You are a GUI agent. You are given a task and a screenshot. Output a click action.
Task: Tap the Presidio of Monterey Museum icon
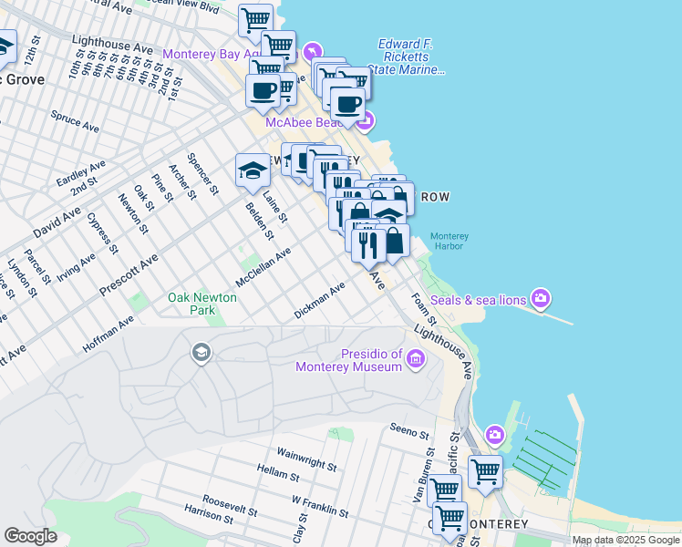[416, 359]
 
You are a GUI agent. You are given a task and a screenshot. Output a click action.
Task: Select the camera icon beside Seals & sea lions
[542, 298]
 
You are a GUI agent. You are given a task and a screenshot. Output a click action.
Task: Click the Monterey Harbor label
[449, 241]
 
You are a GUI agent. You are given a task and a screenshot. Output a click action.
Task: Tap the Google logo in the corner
[30, 536]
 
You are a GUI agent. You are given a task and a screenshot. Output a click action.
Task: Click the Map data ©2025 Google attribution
[625, 540]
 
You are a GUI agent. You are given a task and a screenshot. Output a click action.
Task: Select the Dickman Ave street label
[320, 300]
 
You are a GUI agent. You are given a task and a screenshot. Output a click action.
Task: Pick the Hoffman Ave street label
[108, 335]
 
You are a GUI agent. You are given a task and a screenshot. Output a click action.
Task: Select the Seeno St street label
[408, 430]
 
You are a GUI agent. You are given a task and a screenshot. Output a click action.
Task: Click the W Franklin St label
[321, 504]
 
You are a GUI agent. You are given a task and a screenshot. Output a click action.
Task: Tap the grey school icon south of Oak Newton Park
[201, 352]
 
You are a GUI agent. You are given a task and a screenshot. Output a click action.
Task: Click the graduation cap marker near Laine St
[253, 169]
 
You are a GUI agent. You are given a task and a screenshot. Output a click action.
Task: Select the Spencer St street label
[202, 174]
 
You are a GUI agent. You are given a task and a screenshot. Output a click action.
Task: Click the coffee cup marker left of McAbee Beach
[263, 91]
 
